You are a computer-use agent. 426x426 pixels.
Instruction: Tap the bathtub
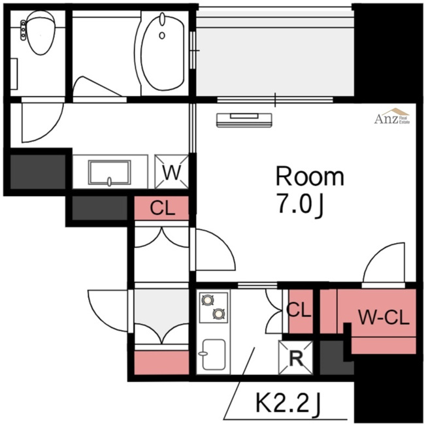pyautogui.click(x=163, y=53)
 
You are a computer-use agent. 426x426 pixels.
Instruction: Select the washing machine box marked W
pyautogui.click(x=171, y=171)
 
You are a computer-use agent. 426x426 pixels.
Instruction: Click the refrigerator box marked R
pyautogui.click(x=296, y=357)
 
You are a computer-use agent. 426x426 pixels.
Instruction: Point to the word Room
pyautogui.click(x=310, y=176)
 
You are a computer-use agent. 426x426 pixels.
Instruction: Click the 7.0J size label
pyautogui.click(x=300, y=205)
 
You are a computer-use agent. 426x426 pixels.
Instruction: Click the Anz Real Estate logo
pyautogui.click(x=392, y=116)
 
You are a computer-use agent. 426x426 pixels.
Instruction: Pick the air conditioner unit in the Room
pyautogui.click(x=244, y=120)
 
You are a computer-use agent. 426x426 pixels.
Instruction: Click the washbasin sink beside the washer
pyautogui.click(x=110, y=172)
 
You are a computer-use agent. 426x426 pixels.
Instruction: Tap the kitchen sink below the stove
pyautogui.click(x=214, y=354)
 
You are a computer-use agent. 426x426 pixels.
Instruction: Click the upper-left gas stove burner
pyautogui.click(x=208, y=300)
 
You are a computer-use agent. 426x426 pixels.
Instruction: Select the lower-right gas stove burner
pyautogui.click(x=219, y=314)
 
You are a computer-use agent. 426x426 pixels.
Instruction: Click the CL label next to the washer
pyautogui.click(x=163, y=208)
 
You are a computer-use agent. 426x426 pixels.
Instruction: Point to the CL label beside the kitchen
pyautogui.click(x=299, y=310)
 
